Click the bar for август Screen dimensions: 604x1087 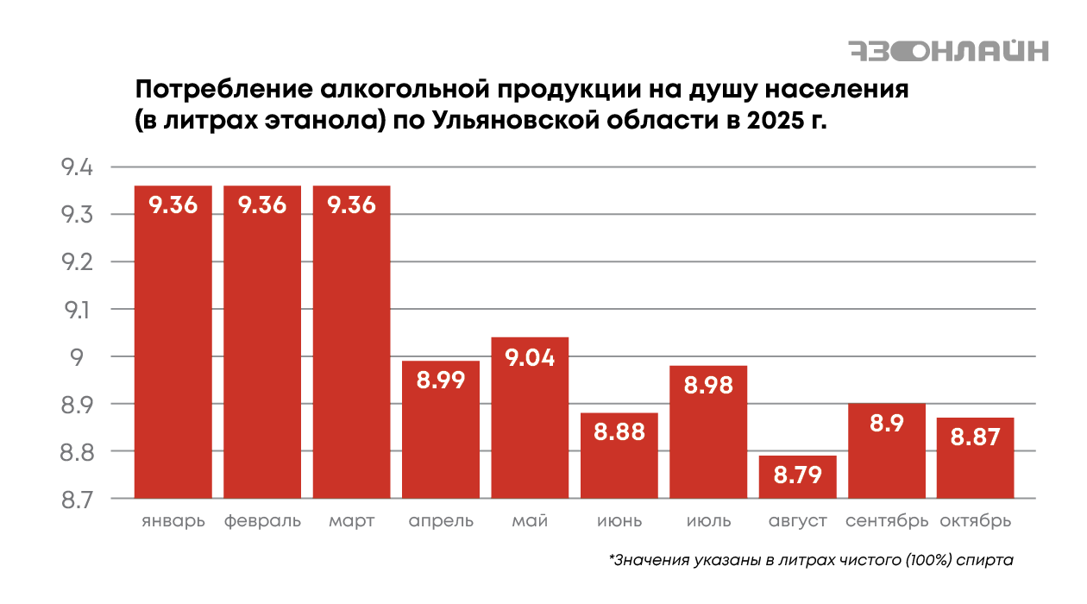pos(797,476)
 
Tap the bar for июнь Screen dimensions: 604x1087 pos(619,456)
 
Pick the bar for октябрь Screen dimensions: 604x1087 pos(975,457)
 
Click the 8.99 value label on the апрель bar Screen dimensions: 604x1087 pos(441,380)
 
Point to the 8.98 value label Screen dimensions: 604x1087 pos(708,385)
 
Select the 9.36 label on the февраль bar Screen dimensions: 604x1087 pos(262,205)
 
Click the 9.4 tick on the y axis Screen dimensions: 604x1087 pos(77,167)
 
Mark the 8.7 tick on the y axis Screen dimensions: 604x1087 pos(77,499)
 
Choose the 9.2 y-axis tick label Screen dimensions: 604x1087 pos(77,261)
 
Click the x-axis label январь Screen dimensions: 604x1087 pos(173,522)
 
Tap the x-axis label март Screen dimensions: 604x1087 pos(351,522)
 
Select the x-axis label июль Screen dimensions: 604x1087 pos(708,522)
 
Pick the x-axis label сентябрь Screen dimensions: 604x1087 pos(887,522)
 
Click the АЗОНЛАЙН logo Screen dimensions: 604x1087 pos(948,51)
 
